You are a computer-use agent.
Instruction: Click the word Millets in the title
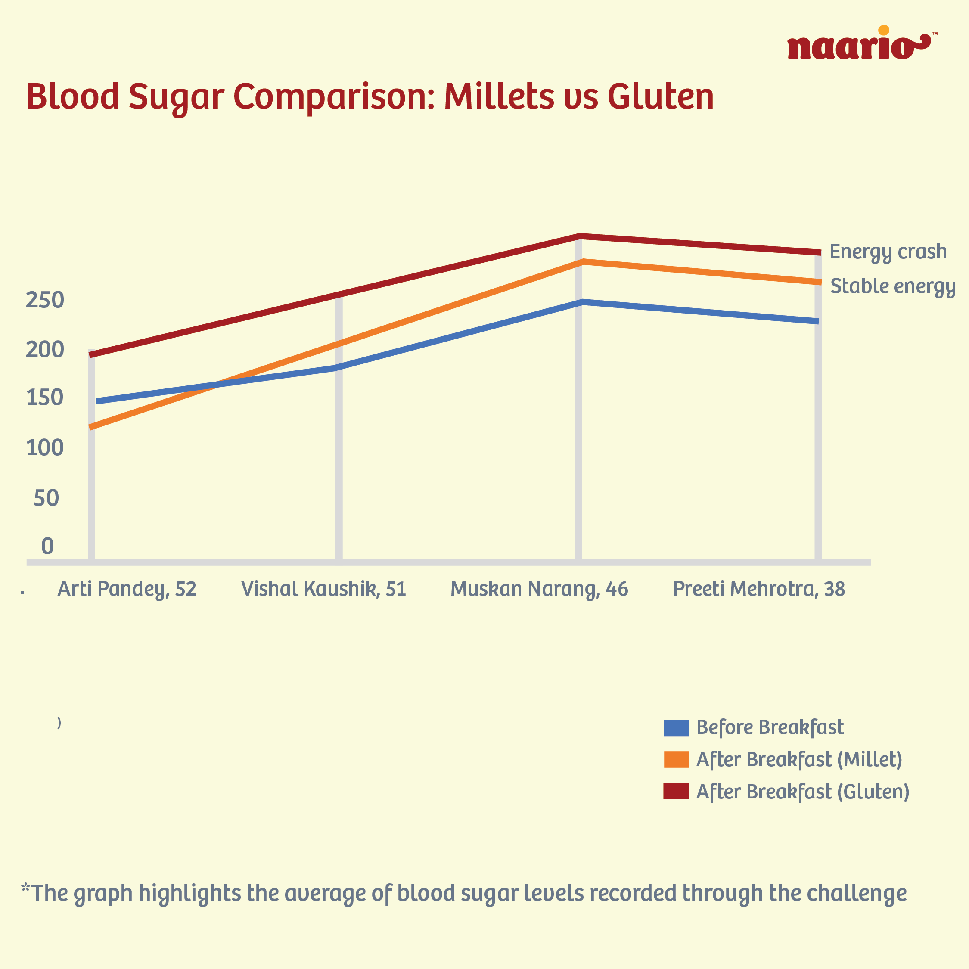[x=500, y=96]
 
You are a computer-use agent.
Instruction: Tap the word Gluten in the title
[x=661, y=96]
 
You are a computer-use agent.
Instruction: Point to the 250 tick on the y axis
[x=45, y=300]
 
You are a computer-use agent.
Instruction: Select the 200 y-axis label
[x=45, y=350]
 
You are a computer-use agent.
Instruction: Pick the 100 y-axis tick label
[x=45, y=447]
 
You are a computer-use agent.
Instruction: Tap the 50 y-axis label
[x=46, y=498]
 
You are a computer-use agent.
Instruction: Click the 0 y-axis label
[x=48, y=546]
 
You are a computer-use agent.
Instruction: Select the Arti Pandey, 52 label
[x=127, y=589]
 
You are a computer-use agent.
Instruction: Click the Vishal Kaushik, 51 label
[x=323, y=589]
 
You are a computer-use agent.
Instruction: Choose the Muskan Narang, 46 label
[x=539, y=589]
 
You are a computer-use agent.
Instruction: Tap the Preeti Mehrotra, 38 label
[x=759, y=589]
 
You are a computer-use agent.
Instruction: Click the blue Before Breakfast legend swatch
[x=676, y=728]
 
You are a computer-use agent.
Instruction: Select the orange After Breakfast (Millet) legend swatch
[x=676, y=759]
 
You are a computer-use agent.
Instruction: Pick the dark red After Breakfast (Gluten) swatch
[x=676, y=791]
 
